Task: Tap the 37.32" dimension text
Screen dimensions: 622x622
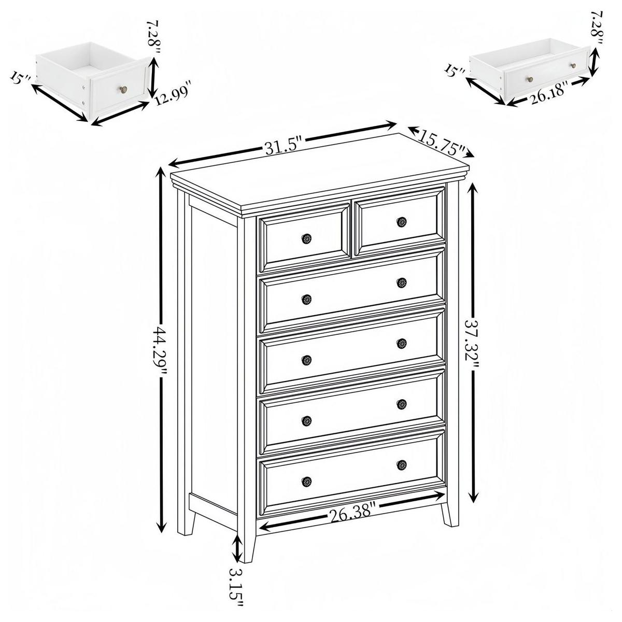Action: [472, 343]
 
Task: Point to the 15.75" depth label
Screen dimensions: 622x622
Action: [441, 145]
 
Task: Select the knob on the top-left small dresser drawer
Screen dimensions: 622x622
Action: [306, 238]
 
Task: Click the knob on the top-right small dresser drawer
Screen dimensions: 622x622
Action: [402, 222]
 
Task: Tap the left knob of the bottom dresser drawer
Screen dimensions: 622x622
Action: [306, 481]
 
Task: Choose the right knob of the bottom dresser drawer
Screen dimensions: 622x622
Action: [402, 465]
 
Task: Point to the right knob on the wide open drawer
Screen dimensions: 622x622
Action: [573, 65]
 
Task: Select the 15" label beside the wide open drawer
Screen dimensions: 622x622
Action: [456, 70]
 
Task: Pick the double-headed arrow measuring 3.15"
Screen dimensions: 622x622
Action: [237, 548]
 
